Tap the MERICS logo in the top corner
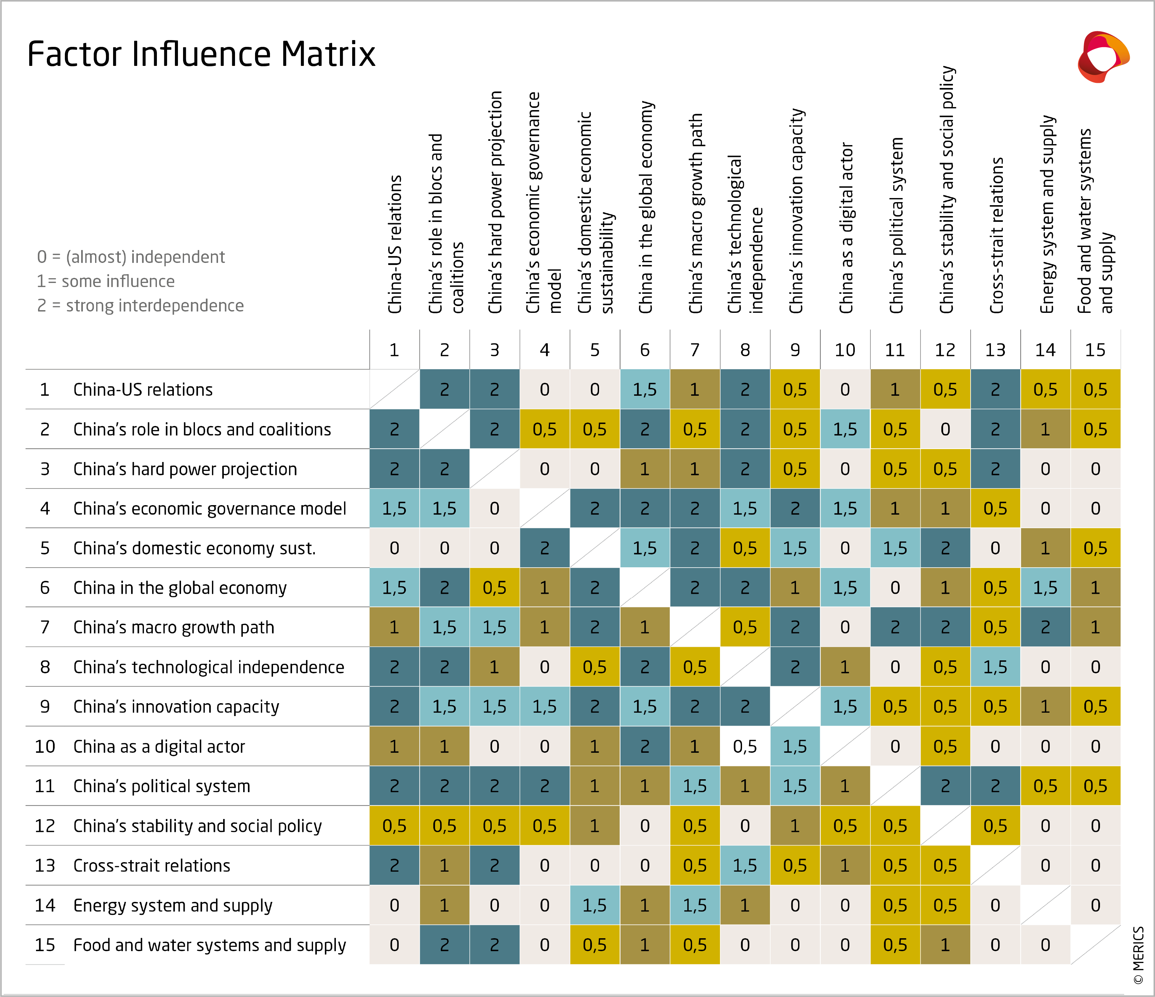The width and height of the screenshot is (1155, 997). coord(1103,57)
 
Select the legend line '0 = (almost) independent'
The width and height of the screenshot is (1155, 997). coord(131,257)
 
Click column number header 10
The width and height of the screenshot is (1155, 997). coord(845,350)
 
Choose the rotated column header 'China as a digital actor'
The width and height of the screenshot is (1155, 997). coord(846,228)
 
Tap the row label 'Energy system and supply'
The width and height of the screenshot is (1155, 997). coord(173,905)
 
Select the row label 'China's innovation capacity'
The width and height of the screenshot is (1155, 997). coord(176,707)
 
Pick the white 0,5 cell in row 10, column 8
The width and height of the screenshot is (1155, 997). coord(745,746)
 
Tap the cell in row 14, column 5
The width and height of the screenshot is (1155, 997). coord(594,905)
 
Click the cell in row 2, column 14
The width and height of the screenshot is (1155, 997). coord(1045,429)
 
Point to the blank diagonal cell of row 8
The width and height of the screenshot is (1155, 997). coord(745,667)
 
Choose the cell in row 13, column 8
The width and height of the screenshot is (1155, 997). coord(745,866)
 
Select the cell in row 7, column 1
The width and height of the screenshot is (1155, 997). coord(394,627)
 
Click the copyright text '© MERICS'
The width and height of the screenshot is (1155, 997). coord(1138,955)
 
